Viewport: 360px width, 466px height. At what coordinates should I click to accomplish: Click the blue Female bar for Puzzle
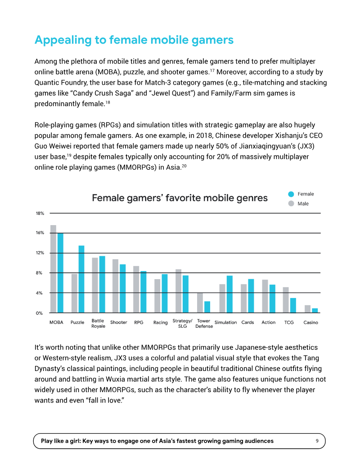pyautogui.click(x=81, y=279)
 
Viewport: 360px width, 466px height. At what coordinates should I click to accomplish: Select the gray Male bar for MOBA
pyautogui.click(x=53, y=269)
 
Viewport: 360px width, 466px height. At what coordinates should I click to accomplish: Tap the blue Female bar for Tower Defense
pyautogui.click(x=207, y=307)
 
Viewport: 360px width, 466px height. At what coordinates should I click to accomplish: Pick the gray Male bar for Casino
pyautogui.click(x=307, y=309)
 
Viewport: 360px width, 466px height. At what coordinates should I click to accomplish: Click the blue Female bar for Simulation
pyautogui.click(x=229, y=294)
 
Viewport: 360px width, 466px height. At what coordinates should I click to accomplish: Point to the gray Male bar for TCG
pyautogui.click(x=286, y=300)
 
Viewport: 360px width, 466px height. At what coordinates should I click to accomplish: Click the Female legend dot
pyautogui.click(x=291, y=194)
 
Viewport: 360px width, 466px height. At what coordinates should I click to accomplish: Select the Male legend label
pyautogui.click(x=303, y=204)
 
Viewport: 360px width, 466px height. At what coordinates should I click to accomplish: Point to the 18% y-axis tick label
pyautogui.click(x=40, y=213)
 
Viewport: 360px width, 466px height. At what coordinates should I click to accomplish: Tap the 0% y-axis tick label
pyautogui.click(x=39, y=313)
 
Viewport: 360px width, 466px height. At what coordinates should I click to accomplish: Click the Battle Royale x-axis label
pyautogui.click(x=98, y=323)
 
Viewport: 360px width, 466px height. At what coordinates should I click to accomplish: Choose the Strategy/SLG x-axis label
pyautogui.click(x=182, y=323)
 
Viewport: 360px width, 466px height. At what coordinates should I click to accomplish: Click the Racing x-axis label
pyautogui.click(x=160, y=322)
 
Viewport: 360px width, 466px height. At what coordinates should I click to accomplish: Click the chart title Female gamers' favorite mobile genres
pyautogui.click(x=180, y=198)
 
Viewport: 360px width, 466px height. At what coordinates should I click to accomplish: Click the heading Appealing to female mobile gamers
pyautogui.click(x=134, y=40)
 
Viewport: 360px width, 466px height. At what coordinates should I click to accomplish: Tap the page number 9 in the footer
pyautogui.click(x=317, y=441)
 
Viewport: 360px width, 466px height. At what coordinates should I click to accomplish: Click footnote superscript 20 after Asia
pyautogui.click(x=184, y=166)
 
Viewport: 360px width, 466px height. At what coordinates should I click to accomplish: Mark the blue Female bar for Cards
pyautogui.click(x=251, y=296)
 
